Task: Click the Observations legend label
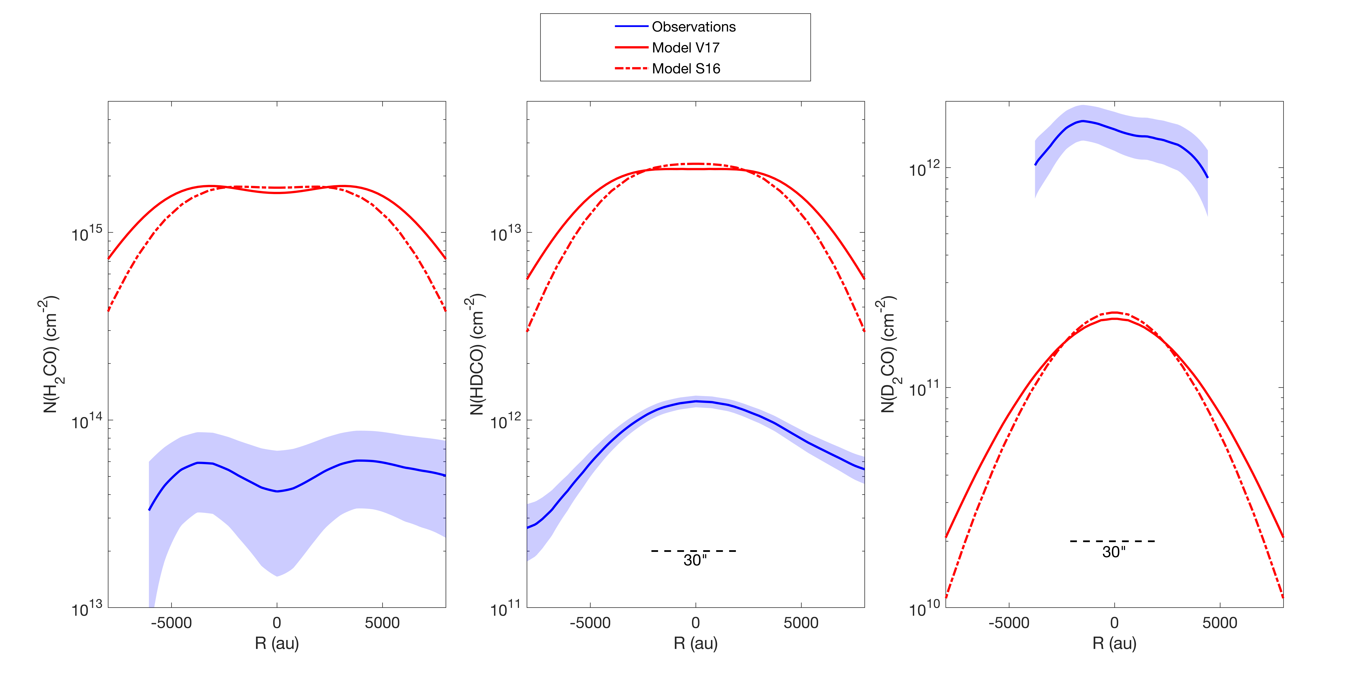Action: point(693,27)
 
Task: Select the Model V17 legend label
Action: point(685,48)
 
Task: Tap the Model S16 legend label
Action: point(686,69)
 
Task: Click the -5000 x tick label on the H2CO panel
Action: point(171,623)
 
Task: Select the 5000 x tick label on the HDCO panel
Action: point(801,623)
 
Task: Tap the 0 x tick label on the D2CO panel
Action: point(1114,623)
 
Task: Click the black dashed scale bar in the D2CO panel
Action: point(1112,541)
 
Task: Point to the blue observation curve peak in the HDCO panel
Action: point(696,401)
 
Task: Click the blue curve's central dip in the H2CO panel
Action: point(277,491)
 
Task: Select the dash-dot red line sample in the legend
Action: point(631,69)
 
